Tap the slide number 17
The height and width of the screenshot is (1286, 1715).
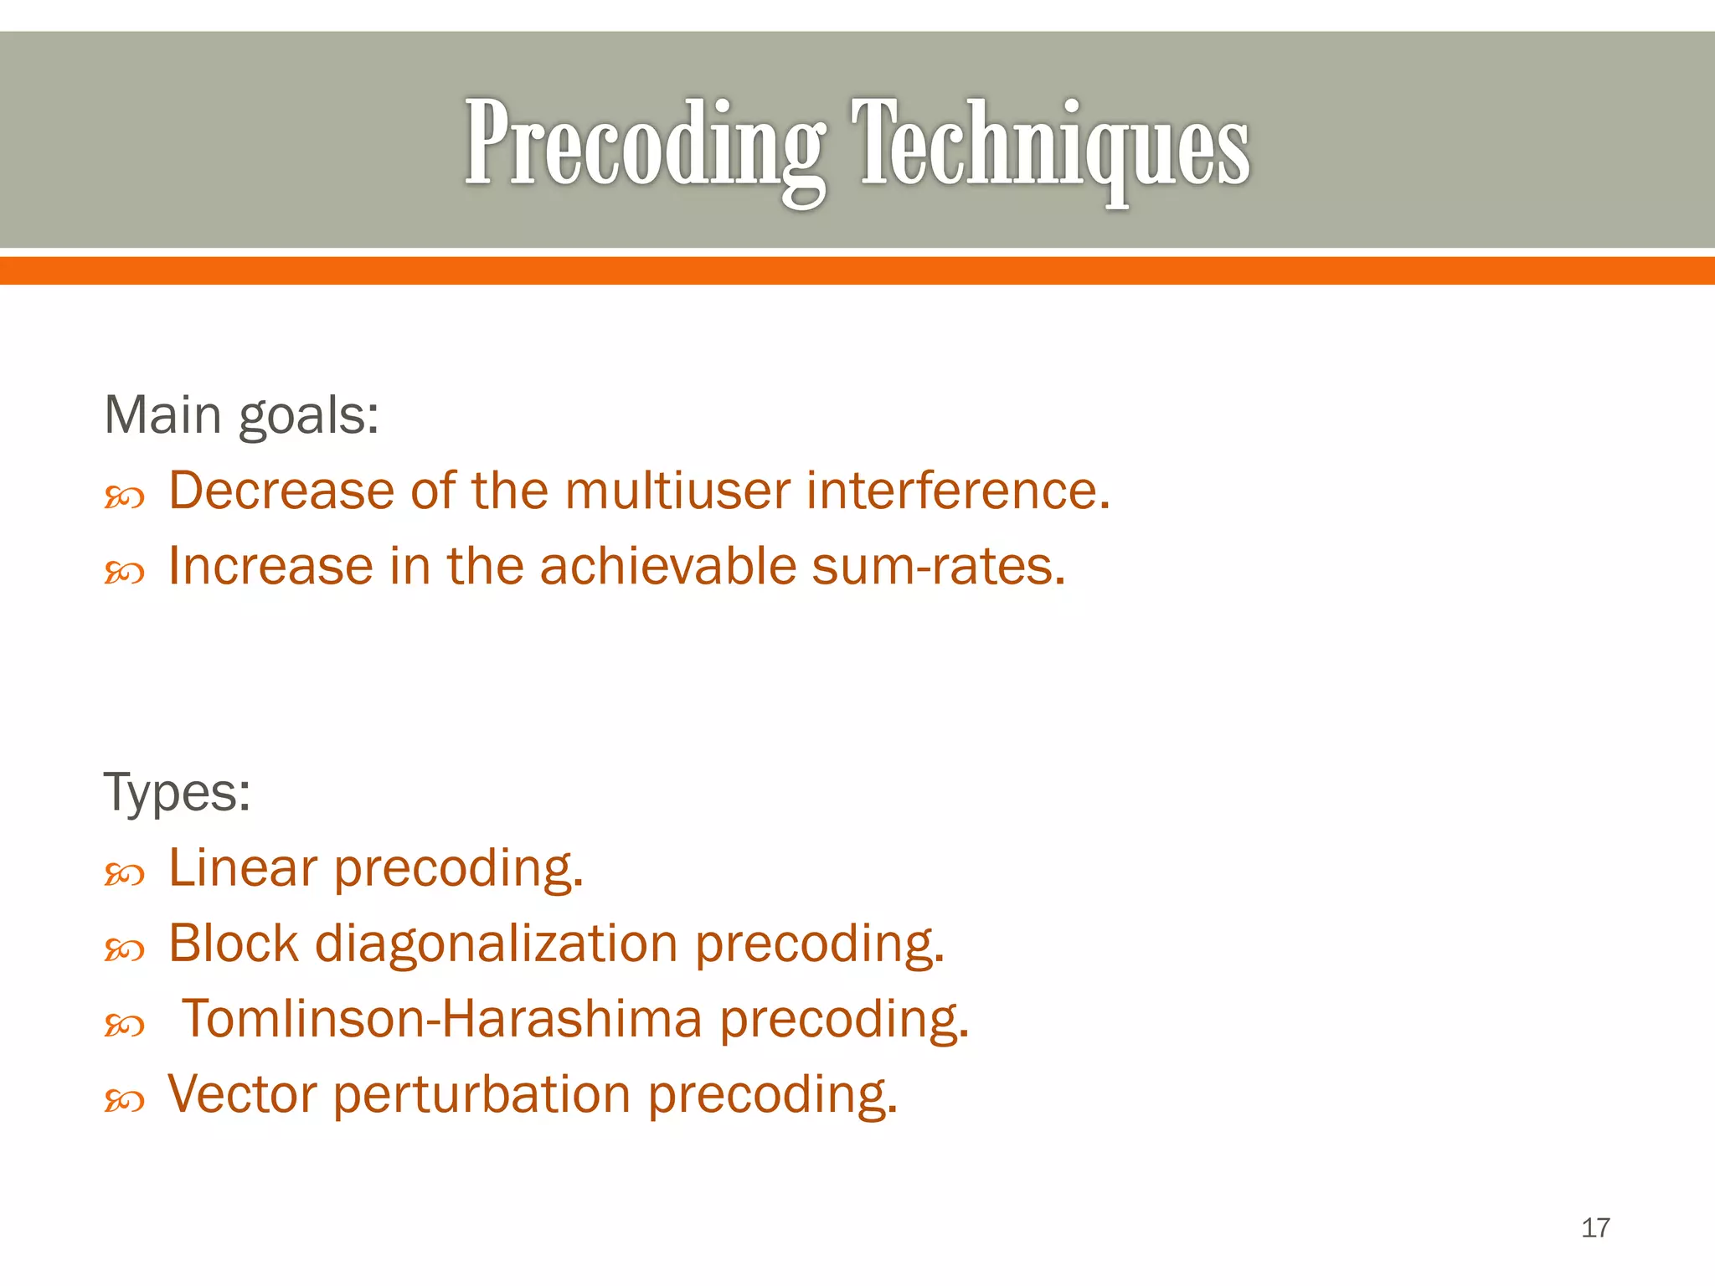1595,1227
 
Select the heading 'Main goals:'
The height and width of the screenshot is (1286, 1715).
241,415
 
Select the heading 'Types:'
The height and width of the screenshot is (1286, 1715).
177,792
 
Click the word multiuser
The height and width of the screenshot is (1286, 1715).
677,491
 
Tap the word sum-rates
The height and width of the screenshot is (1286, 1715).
938,567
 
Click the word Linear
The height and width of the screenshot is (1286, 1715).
244,868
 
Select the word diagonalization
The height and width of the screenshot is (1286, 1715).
496,944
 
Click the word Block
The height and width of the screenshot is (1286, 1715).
234,944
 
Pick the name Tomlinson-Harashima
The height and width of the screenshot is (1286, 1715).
442,1019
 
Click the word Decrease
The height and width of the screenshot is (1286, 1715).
281,491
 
